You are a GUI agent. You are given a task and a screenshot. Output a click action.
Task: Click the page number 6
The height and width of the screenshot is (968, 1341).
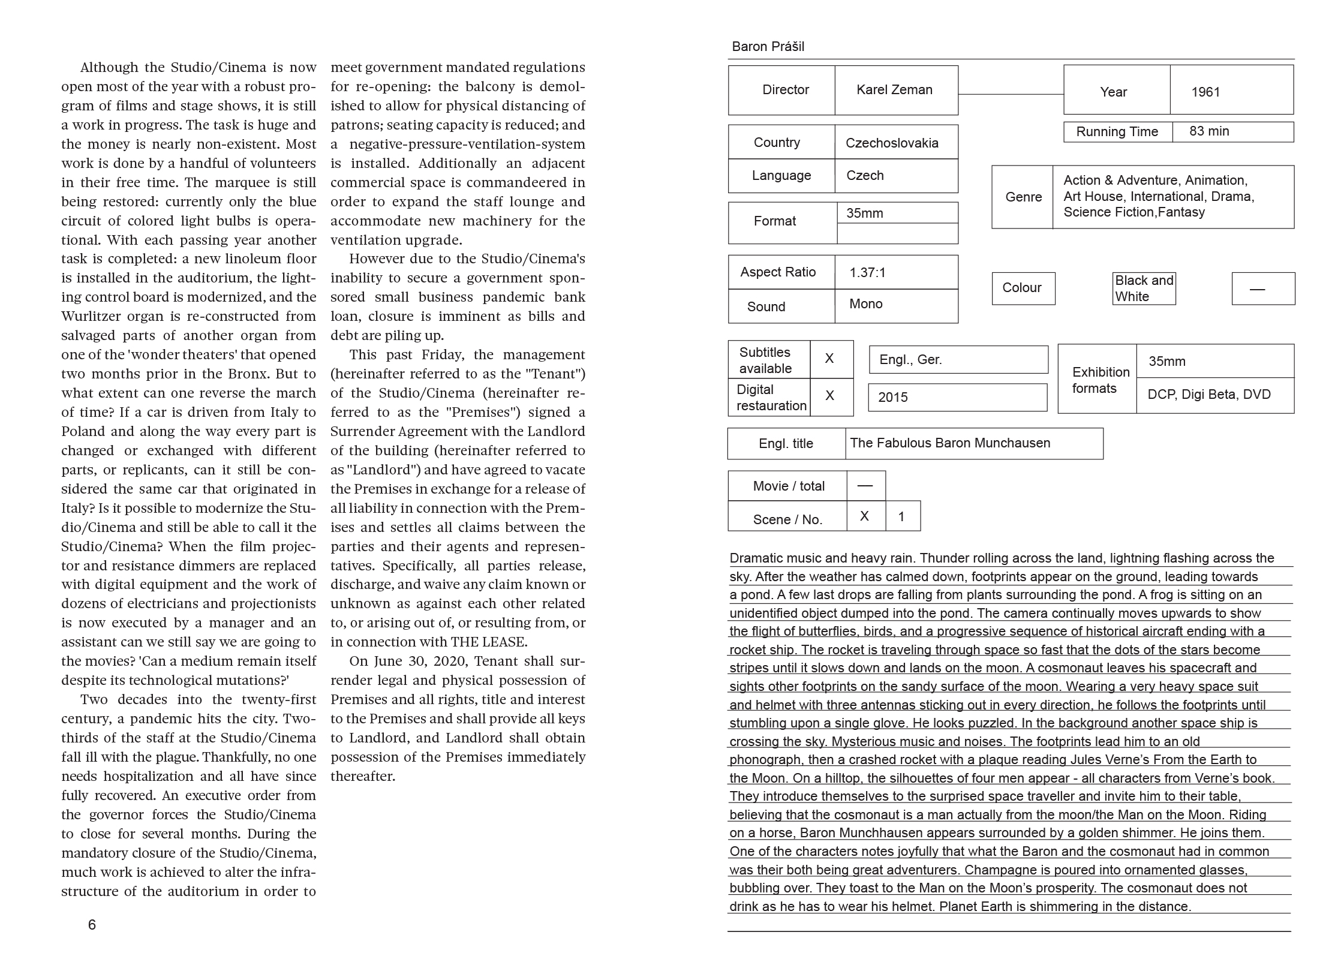click(x=92, y=925)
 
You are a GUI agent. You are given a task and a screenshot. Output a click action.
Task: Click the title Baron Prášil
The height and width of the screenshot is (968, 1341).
click(x=768, y=47)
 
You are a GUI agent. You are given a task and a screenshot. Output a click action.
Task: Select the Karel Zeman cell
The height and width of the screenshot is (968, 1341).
click(x=895, y=90)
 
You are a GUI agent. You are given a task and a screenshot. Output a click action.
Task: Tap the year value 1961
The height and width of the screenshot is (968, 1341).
click(x=1205, y=92)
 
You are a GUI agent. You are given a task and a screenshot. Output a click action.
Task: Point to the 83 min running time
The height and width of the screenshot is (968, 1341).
click(x=1209, y=131)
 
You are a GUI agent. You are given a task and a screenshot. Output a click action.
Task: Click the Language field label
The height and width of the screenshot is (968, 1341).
click(x=781, y=176)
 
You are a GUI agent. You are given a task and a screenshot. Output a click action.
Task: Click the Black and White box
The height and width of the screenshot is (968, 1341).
click(x=1144, y=288)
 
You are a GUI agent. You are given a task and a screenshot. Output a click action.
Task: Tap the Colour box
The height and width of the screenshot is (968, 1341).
click(x=1023, y=288)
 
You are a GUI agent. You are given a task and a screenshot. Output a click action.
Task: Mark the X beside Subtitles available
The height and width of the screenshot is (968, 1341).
click(x=830, y=359)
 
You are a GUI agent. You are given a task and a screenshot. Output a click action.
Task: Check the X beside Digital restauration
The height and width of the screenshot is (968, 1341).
click(x=830, y=396)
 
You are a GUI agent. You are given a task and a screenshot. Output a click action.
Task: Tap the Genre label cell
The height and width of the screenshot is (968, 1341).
click(x=1023, y=197)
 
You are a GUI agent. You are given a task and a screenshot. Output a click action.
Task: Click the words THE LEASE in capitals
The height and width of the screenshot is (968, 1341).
click(x=489, y=642)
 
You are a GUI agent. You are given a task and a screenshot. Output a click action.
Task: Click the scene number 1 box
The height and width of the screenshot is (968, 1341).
click(x=901, y=517)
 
